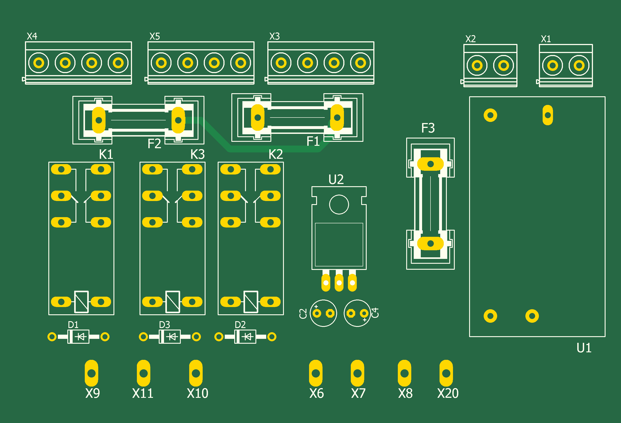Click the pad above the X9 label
91,373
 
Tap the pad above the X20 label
446,373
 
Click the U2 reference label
336,179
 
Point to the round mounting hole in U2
339,205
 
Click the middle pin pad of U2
339,283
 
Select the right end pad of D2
272,337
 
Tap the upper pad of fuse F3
430,164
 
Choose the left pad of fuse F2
99,120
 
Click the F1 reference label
313,141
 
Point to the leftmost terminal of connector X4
39,63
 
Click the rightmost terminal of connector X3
361,63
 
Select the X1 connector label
546,39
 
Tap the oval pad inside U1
547,115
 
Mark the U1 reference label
584,348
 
